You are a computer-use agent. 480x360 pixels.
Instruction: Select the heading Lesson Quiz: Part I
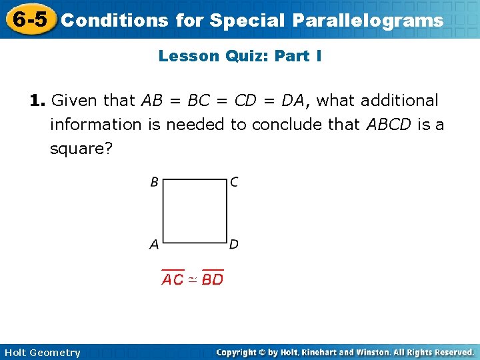(240, 56)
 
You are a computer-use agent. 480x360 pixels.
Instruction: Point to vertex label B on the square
(154, 182)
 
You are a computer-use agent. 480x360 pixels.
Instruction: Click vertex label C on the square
(234, 182)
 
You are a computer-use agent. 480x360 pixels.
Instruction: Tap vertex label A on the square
(154, 245)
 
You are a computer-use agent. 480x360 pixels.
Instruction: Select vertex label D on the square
(234, 245)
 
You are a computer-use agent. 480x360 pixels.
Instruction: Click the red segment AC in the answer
(173, 279)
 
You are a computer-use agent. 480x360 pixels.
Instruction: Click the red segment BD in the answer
(213, 279)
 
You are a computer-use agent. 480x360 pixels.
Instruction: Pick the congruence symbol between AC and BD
(192, 279)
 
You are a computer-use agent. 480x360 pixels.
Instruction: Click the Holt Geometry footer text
(42, 353)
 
